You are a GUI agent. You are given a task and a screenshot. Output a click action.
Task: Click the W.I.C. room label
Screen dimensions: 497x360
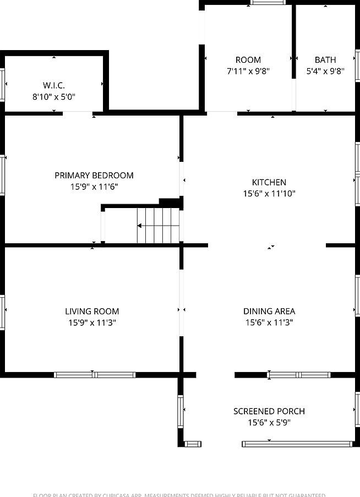[54, 85]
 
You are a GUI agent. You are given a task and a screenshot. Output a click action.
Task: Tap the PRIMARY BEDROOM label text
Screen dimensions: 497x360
[94, 176]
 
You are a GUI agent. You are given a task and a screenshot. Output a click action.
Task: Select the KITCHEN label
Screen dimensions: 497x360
[269, 182]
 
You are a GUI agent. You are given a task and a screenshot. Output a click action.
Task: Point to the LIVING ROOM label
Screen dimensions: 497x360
[92, 312]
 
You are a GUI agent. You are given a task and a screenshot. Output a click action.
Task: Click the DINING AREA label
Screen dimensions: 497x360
[269, 312]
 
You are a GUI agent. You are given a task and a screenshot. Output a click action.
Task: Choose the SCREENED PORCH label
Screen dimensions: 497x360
[269, 411]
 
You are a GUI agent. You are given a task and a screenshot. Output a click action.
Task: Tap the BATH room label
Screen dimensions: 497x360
[325, 60]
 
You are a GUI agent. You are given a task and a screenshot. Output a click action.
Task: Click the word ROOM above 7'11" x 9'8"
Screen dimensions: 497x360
[248, 60]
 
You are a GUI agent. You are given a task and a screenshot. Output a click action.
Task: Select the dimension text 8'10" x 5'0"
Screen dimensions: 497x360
[54, 97]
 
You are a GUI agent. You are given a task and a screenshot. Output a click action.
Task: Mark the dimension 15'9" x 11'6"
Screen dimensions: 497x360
[94, 187]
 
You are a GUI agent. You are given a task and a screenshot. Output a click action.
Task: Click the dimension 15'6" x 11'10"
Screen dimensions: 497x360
[269, 194]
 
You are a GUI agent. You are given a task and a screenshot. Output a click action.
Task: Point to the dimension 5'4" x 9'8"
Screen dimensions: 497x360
[325, 71]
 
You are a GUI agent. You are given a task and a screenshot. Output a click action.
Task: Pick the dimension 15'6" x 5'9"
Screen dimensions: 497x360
[269, 423]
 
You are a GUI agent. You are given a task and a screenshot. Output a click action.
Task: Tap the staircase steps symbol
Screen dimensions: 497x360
[158, 226]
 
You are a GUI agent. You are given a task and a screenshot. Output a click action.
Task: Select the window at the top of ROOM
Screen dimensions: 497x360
[268, 3]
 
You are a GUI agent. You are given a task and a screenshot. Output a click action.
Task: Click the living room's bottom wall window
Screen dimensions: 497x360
[95, 375]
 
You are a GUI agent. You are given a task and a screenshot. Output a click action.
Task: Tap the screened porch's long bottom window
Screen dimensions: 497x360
[297, 444]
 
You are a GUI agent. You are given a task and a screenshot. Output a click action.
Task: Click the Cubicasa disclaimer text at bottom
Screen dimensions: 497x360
[179, 495]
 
